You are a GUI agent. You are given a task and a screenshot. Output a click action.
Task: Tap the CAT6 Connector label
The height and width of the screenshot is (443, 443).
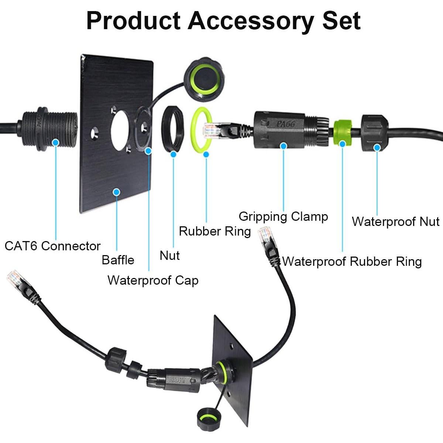(52, 246)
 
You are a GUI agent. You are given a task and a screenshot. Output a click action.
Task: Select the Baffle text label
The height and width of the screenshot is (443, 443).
(118, 260)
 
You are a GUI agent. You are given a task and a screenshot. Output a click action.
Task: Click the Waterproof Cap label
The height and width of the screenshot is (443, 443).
(153, 280)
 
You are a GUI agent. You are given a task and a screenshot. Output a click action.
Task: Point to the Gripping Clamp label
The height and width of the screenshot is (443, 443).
(283, 216)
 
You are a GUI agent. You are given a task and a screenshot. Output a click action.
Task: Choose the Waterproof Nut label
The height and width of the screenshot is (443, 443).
(395, 221)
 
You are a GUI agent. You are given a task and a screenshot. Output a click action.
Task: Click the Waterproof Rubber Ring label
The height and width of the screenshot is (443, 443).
(352, 261)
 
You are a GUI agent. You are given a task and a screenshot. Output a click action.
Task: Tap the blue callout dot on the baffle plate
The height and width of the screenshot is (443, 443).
(117, 192)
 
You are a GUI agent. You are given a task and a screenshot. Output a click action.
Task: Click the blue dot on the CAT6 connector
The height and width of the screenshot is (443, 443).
(56, 142)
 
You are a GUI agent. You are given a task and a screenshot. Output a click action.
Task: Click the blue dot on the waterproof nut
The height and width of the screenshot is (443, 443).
(377, 147)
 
